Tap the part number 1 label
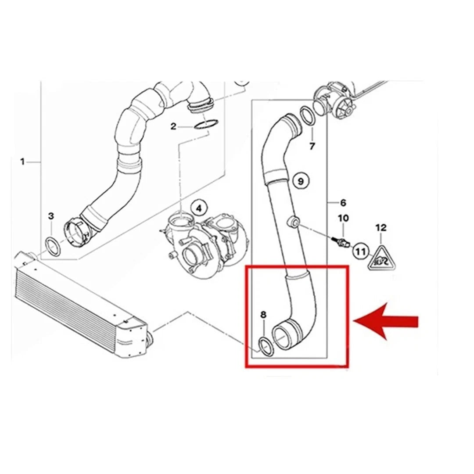[22, 162]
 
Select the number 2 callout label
[173, 126]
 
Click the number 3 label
[51, 216]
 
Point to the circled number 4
[199, 208]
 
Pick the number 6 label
[343, 202]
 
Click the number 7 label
[312, 146]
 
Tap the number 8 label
[263, 315]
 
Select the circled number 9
[301, 181]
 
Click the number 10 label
[343, 218]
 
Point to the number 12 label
[381, 227]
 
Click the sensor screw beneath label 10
[341, 241]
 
